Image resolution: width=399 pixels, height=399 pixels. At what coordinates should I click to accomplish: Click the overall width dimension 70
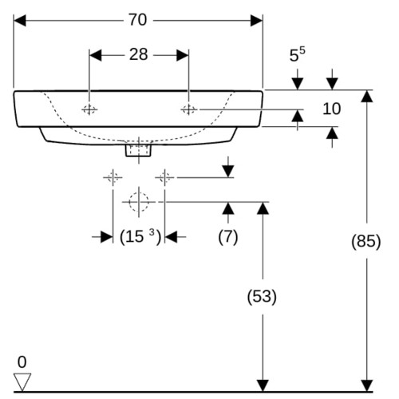[138, 20]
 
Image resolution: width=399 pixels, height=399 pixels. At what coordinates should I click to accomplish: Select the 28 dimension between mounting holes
[138, 54]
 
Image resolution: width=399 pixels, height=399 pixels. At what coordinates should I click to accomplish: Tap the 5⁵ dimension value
[297, 54]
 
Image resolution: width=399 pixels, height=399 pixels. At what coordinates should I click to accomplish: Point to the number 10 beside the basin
[331, 109]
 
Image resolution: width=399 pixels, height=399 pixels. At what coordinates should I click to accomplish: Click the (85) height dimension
[366, 241]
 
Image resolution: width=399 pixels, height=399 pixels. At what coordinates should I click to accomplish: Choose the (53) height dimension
[262, 296]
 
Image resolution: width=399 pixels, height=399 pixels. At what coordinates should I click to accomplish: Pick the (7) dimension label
[228, 237]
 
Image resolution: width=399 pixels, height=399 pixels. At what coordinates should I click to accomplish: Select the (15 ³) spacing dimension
[140, 236]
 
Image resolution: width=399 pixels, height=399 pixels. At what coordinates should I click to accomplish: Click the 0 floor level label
[22, 362]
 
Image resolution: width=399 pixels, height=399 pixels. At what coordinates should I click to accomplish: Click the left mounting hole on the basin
[89, 109]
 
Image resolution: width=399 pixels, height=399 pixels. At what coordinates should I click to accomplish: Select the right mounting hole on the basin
[189, 109]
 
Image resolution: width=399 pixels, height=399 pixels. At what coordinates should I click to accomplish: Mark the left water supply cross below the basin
[113, 177]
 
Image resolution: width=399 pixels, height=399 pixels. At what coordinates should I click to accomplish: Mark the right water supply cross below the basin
[164, 177]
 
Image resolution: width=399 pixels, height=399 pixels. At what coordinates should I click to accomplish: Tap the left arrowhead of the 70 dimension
[20, 21]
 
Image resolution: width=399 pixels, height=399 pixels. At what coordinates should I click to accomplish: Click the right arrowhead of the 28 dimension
[183, 55]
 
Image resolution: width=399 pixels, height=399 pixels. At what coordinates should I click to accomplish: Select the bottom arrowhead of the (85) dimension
[366, 385]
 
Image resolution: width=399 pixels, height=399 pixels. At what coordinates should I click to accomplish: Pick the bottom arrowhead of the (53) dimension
[263, 385]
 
